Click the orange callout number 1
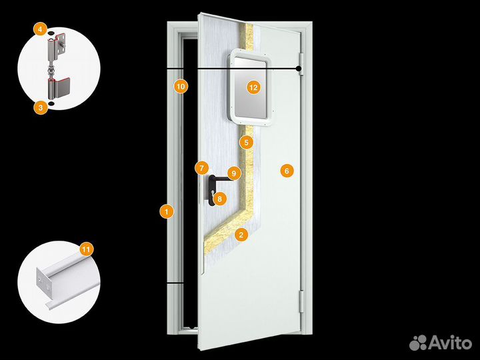pos(167,211)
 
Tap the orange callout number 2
pos(241,235)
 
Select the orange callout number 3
pos(41,107)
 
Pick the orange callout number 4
pos(41,29)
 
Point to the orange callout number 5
pos(247,143)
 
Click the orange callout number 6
pos(287,171)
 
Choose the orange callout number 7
pos(201,168)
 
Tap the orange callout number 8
pos(219,199)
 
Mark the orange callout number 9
pos(234,173)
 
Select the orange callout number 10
pos(181,86)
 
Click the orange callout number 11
pos(86,249)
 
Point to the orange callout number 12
pos(253,88)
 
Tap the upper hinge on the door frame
pos(301,64)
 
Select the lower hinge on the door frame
pos(301,301)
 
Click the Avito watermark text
pos(450,343)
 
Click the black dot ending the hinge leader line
pos(298,69)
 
